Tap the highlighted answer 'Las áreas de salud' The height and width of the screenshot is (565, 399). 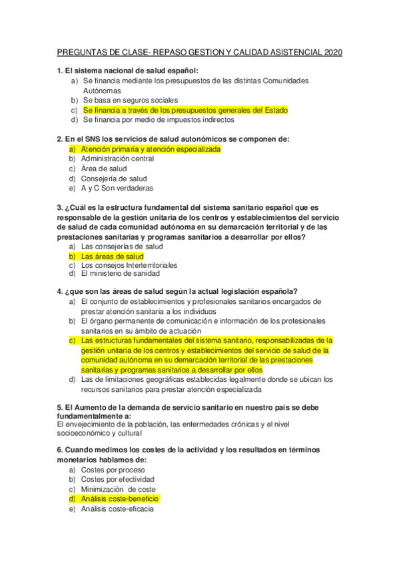click(x=112, y=256)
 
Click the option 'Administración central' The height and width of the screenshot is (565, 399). click(x=117, y=159)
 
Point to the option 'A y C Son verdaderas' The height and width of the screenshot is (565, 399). click(x=117, y=189)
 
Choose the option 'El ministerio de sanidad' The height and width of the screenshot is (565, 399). click(x=120, y=273)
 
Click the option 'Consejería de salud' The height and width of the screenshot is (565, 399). click(x=113, y=179)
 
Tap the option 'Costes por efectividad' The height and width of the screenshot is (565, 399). click(x=117, y=479)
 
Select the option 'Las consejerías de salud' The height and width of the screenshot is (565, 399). click(x=121, y=247)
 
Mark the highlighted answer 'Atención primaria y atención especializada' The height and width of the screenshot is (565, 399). click(x=151, y=149)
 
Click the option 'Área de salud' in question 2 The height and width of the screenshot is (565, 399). click(x=104, y=169)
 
